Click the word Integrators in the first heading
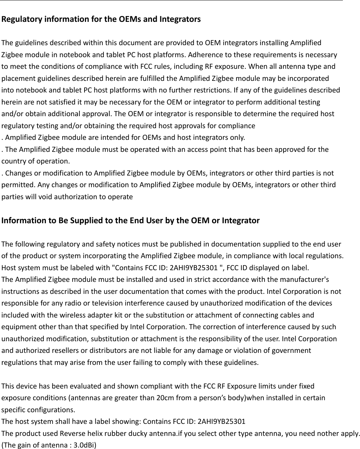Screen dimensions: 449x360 [180, 19]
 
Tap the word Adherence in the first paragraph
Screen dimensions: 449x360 [203, 55]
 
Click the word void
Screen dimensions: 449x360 [37, 197]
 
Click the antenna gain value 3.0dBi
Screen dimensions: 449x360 [83, 445]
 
